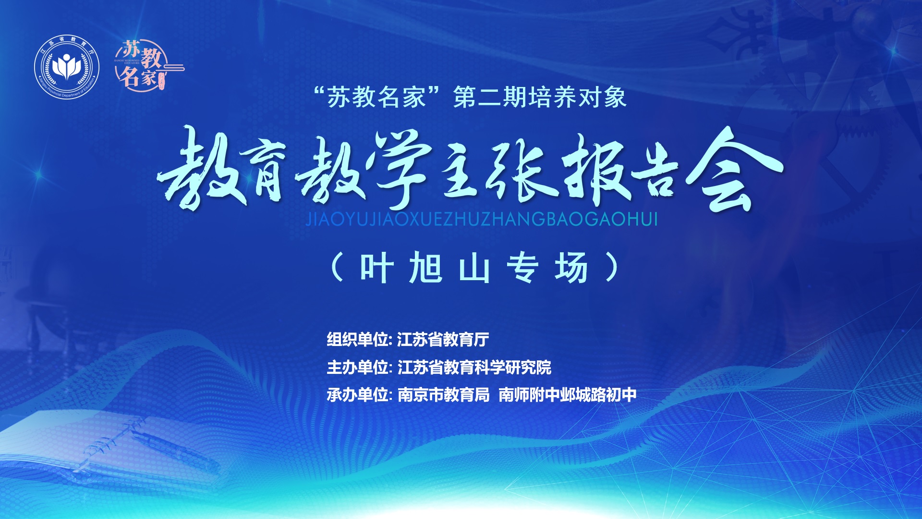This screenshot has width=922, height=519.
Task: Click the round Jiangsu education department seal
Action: tap(67, 67)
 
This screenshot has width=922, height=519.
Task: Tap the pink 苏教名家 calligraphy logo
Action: tap(149, 65)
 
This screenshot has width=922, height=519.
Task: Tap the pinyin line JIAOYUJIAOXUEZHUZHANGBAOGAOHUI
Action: tap(482, 219)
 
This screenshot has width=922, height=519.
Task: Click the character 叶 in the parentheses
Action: tap(377, 267)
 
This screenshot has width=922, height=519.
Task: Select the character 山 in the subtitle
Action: tap(474, 268)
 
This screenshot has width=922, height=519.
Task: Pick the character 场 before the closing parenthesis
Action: tap(571, 267)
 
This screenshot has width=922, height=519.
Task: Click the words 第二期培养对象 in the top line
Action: tap(540, 97)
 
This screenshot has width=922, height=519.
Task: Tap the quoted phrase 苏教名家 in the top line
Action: tap(377, 97)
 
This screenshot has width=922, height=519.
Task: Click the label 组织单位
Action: tap(357, 339)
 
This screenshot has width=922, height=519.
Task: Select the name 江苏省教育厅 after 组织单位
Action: tap(443, 339)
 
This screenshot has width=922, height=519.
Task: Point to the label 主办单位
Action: tap(357, 367)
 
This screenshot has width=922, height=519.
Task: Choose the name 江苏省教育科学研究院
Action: tap(474, 367)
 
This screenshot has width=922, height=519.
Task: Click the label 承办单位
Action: tap(357, 395)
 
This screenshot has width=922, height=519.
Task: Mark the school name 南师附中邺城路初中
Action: tap(568, 395)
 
